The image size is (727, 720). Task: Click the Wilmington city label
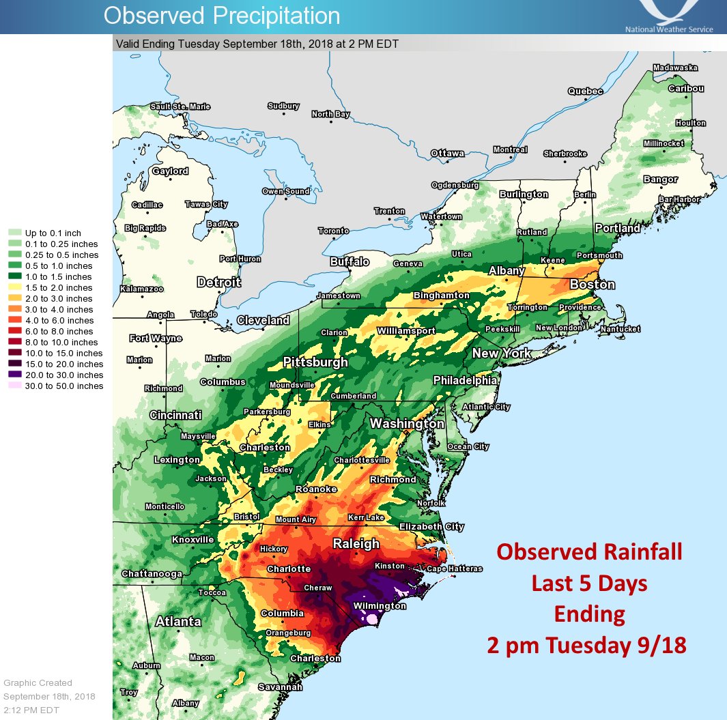380,606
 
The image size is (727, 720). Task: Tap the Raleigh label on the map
356,544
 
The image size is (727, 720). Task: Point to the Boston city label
592,285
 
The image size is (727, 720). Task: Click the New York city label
502,354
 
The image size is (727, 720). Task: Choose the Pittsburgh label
315,362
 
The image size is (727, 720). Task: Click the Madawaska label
675,68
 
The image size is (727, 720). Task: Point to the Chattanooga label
152,574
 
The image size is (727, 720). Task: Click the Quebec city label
585,91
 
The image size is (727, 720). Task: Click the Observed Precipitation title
221,16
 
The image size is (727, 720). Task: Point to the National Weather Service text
668,29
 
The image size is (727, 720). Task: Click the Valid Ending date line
257,44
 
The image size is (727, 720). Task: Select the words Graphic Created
38,682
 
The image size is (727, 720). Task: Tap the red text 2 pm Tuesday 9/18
586,645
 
